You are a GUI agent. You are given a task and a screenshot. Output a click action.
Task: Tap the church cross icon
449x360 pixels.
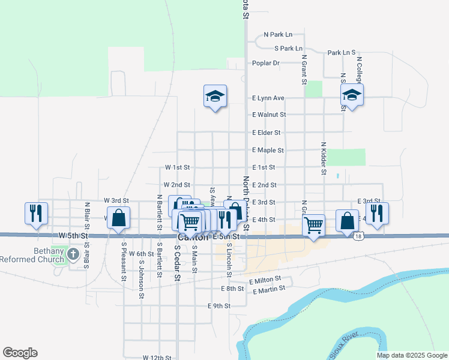(73, 254)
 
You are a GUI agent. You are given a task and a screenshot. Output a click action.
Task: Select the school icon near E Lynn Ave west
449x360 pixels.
(214, 97)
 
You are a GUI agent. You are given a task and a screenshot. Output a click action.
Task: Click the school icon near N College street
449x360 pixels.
(352, 94)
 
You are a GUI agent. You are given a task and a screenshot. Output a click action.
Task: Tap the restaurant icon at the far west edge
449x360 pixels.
(35, 213)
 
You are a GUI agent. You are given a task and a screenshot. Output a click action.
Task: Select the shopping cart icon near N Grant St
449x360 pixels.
(313, 226)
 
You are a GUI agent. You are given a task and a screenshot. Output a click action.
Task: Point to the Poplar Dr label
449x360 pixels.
(266, 62)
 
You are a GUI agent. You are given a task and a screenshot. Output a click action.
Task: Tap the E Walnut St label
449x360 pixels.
(269, 115)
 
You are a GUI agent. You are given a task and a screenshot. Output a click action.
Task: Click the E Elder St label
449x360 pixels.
(267, 133)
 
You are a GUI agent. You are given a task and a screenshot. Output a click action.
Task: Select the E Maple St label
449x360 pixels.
(268, 150)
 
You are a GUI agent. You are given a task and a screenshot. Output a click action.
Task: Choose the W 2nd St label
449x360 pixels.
(176, 185)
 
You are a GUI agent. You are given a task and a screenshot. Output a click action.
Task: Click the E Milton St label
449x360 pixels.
(265, 280)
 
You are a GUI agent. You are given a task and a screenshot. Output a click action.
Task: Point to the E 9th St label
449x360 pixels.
(219, 306)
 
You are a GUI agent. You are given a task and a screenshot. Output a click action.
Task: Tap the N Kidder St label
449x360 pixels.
(324, 158)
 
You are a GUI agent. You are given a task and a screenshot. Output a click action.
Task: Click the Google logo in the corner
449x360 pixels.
(20, 353)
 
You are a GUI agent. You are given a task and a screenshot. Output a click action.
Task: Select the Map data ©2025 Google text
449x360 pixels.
(411, 355)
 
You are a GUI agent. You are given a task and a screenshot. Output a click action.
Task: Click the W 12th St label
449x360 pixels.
(157, 358)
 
